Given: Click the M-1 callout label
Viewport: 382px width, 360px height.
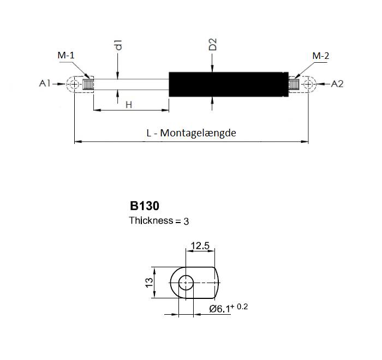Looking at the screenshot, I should [x=67, y=56].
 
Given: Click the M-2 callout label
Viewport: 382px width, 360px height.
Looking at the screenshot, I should [x=320, y=56].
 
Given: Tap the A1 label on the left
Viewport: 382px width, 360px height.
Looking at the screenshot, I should [x=45, y=84].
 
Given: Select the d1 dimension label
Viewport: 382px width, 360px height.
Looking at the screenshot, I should [x=118, y=45].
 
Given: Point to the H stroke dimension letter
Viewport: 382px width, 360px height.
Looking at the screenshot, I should [x=129, y=104].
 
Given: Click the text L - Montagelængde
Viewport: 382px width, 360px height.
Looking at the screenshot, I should [x=191, y=133].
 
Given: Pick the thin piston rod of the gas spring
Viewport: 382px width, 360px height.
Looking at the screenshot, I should [x=131, y=85].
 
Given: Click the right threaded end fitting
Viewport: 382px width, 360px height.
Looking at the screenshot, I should [x=295, y=85].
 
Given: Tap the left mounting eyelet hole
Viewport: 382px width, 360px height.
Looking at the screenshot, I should [x=74, y=85].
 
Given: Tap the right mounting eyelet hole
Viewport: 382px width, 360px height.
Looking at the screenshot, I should [x=309, y=85].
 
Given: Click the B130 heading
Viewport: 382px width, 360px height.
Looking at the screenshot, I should [x=144, y=206].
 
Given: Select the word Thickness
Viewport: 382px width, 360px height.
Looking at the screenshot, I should [x=150, y=221].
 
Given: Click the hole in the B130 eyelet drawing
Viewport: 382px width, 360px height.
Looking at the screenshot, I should [x=187, y=283].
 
